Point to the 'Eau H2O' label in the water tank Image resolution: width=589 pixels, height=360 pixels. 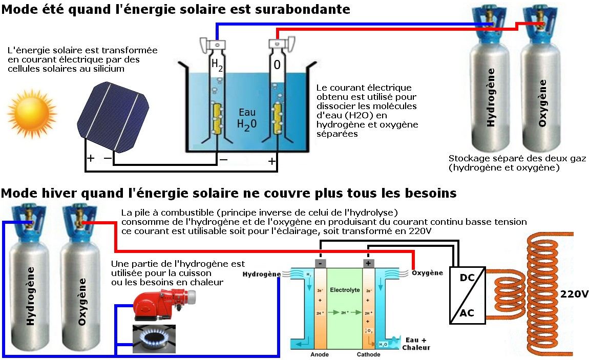[247, 118]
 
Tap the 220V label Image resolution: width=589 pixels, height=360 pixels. [574, 294]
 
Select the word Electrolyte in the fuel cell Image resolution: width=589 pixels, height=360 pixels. [345, 290]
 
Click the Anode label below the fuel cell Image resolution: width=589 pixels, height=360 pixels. [319, 354]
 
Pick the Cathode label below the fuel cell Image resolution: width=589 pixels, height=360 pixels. [368, 354]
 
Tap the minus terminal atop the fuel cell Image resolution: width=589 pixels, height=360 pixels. [320, 263]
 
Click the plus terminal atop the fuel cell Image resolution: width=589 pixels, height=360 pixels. [368, 263]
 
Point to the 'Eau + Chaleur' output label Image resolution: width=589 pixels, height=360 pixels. [416, 344]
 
